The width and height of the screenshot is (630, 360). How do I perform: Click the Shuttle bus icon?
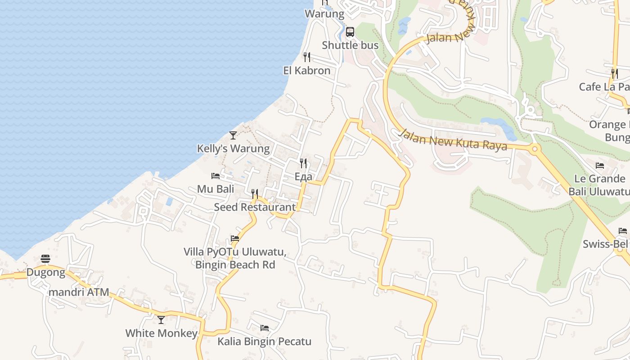[x=350, y=32]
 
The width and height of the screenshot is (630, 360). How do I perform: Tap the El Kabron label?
[x=306, y=71]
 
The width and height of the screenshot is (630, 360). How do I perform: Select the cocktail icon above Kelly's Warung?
[x=233, y=135]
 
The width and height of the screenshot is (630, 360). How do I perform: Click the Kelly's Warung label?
[x=233, y=148]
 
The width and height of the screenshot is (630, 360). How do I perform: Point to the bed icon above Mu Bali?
[x=216, y=176]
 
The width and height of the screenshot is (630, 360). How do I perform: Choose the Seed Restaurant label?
[x=255, y=207]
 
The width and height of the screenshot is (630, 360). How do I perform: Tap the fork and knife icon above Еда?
[x=303, y=163]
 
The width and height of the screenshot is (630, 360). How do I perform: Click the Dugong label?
[x=45, y=272]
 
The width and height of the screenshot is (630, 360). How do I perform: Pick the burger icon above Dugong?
[x=45, y=259]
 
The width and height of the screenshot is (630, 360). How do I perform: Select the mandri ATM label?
[x=79, y=292]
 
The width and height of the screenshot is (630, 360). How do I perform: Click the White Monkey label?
[x=161, y=333]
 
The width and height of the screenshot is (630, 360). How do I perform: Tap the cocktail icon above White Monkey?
[x=161, y=320]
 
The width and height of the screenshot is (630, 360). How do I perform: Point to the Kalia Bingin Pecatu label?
[x=264, y=342]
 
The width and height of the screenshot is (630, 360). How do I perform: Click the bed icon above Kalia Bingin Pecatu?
[x=264, y=328]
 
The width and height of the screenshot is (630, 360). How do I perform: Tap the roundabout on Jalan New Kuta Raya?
[x=535, y=148]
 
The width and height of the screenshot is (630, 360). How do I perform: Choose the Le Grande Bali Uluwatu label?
[x=599, y=185]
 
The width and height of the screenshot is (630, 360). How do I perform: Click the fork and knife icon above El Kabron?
[x=306, y=57]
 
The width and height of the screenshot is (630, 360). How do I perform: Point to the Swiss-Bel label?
[x=605, y=244]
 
